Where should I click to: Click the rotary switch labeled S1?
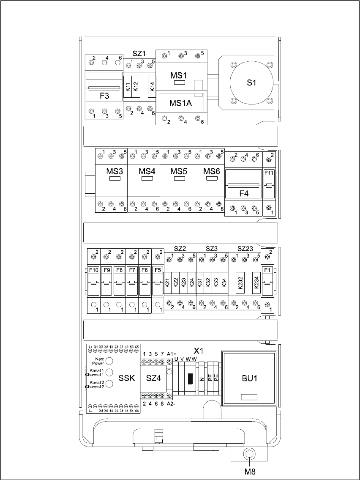tap(252, 83)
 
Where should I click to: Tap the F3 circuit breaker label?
tap(104, 96)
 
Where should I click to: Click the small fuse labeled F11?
tap(269, 173)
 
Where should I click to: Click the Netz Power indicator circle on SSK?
tap(109, 360)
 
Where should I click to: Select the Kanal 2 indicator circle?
tap(109, 384)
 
